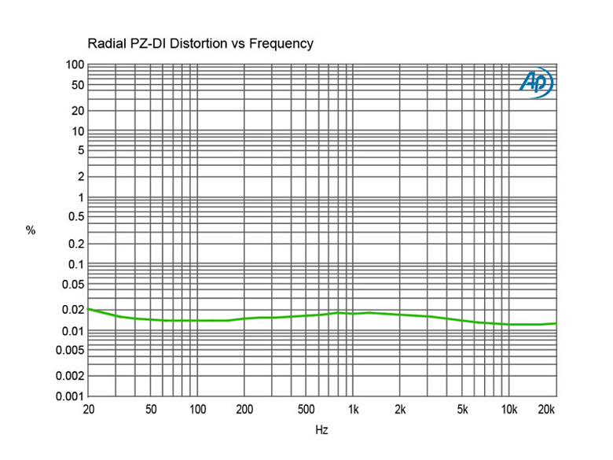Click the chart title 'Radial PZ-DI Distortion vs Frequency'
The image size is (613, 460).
coord(200,44)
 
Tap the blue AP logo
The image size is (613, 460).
coord(537,82)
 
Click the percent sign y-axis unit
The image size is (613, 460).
coord(31,230)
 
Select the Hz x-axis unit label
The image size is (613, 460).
coord(321,430)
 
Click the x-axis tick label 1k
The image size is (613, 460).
coord(354,410)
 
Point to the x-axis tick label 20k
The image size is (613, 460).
coord(546,410)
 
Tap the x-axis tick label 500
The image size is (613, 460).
coord(307,410)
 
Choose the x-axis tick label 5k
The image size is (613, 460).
coord(464,410)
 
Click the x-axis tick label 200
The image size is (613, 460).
coord(244,410)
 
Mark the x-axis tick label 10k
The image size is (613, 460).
coord(509,410)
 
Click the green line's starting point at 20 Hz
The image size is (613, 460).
coord(87,309)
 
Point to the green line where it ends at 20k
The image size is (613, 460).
coord(556,323)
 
